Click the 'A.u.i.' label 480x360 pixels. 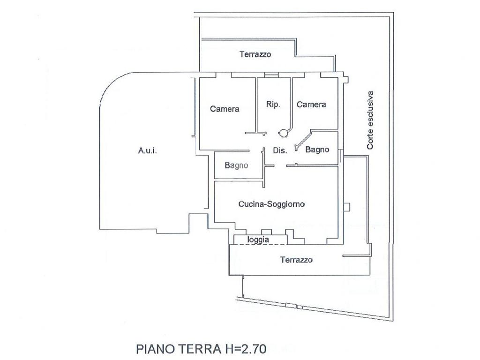pos(147,150)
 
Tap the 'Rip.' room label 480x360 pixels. pos(273,105)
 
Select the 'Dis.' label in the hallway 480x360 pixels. pos(279,150)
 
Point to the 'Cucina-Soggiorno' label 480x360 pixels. pos(272,204)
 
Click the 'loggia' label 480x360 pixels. pos(258,240)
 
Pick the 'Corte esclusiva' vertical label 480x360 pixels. pos(370,120)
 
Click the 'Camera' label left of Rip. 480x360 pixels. pos(225,109)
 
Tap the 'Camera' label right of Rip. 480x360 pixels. pos(311,105)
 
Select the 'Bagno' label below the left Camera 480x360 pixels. pos(236,165)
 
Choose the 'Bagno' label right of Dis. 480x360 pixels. pos(317,150)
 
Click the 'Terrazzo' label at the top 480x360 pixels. pos(255,54)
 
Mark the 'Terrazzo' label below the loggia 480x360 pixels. pos(296,259)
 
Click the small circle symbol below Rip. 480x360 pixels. pos(283,133)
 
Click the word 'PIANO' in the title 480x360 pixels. pos(154,349)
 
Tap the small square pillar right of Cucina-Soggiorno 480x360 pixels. pos(346,207)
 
